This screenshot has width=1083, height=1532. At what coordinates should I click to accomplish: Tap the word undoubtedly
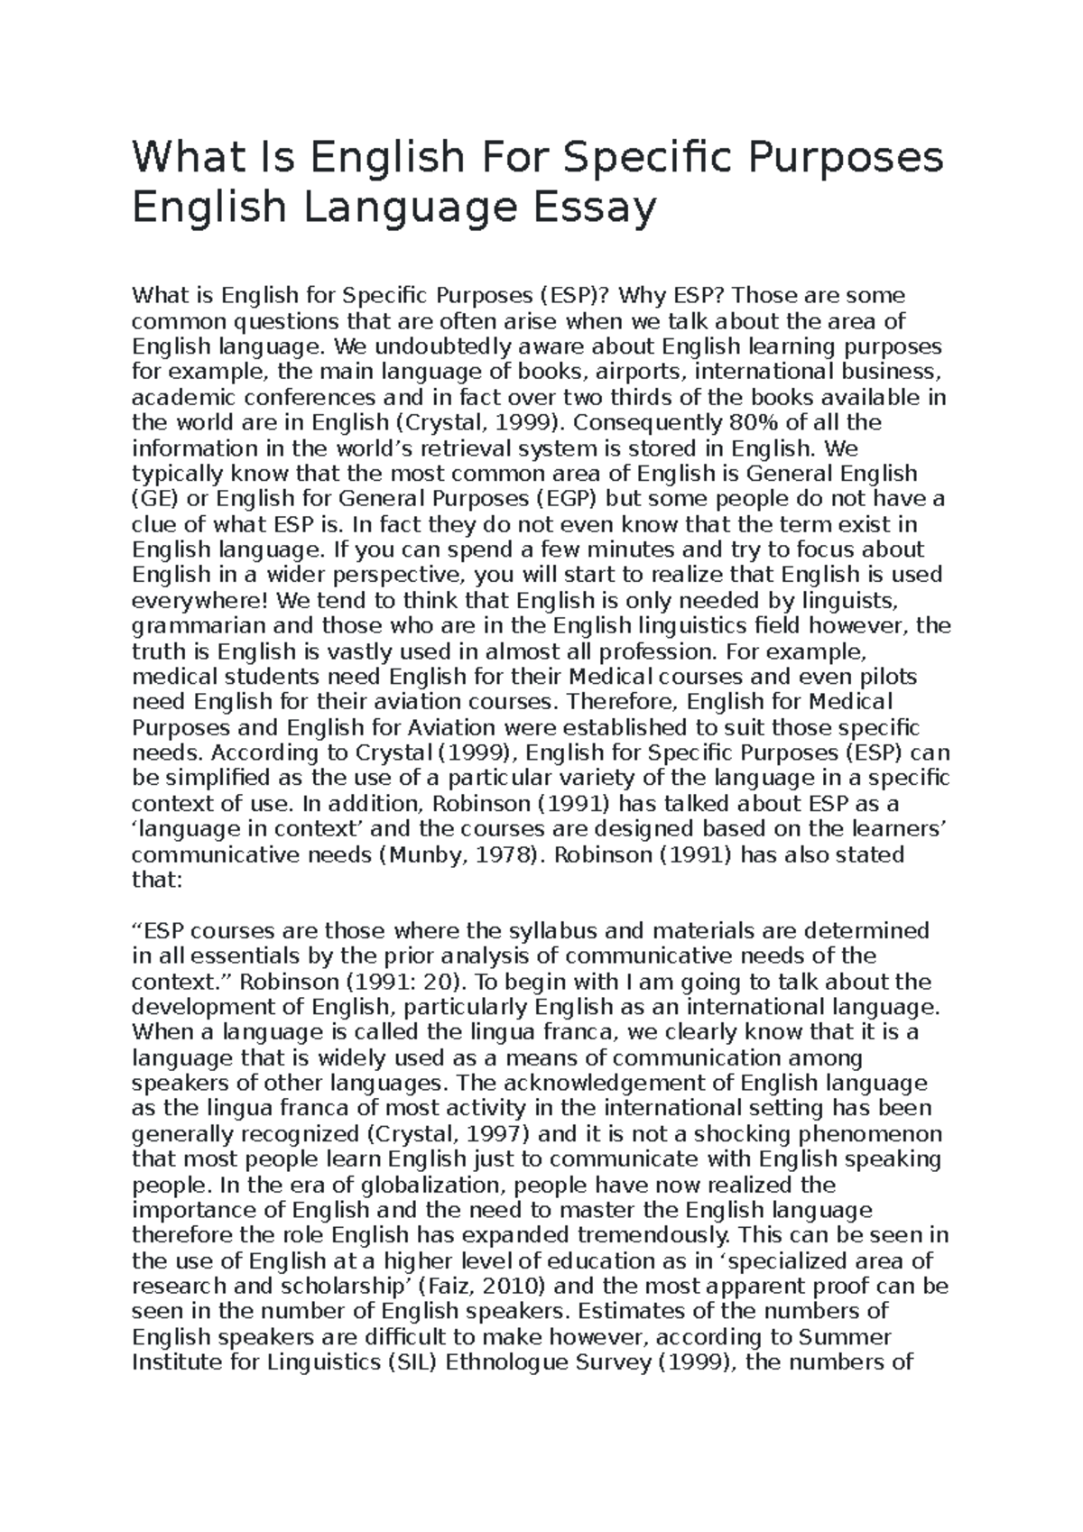click(449, 347)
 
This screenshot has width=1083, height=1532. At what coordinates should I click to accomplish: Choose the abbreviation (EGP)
click(568, 499)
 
